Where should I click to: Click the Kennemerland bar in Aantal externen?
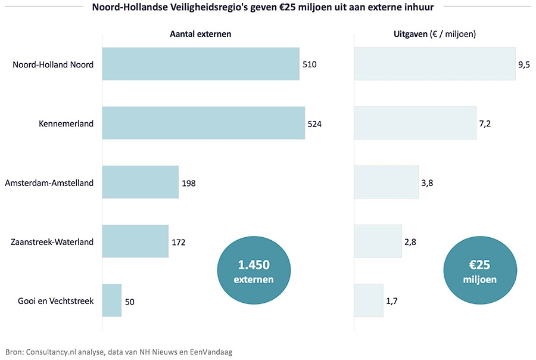click(203, 123)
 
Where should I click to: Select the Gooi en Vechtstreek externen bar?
click(112, 300)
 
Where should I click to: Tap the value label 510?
click(310, 64)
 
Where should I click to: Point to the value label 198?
click(189, 183)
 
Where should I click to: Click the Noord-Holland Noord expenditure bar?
click(435, 64)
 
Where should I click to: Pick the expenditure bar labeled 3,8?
click(387, 182)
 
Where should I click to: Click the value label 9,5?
click(524, 64)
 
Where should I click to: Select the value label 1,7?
click(392, 301)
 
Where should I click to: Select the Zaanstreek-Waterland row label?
click(52, 242)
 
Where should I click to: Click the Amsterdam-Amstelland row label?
click(49, 183)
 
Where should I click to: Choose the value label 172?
click(179, 242)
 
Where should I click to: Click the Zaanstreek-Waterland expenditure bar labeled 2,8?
click(378, 241)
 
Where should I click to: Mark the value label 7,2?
click(485, 123)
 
